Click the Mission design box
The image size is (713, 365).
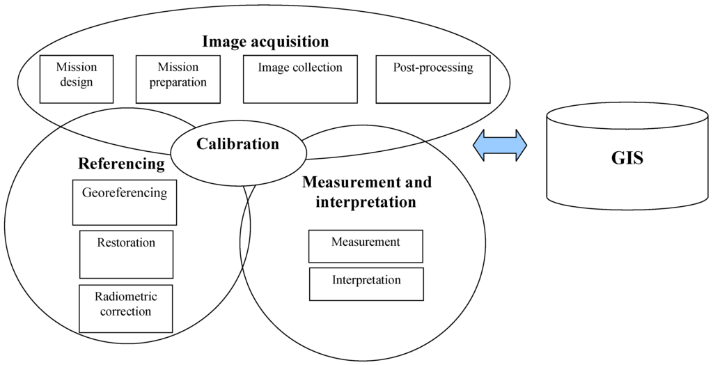[x=76, y=79]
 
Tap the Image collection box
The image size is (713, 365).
[x=300, y=79]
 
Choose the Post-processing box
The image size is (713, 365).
[x=432, y=79]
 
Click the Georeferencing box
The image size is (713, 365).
[x=125, y=202]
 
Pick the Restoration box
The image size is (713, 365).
[x=126, y=254]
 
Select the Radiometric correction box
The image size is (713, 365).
[x=125, y=309]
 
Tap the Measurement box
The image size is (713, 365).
[x=366, y=247]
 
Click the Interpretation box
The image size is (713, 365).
[x=366, y=284]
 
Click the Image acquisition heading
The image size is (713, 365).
[x=265, y=42]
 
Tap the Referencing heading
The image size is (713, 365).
[x=121, y=164]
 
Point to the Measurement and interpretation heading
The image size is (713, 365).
[x=367, y=192]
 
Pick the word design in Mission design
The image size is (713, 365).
[x=76, y=82]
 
